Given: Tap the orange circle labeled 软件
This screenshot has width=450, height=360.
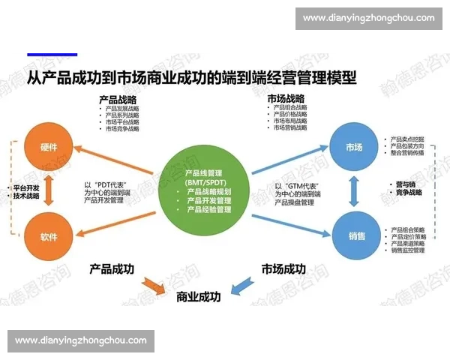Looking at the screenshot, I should pyautogui.click(x=49, y=236).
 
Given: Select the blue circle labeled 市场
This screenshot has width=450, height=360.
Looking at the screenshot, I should pyautogui.click(x=356, y=147).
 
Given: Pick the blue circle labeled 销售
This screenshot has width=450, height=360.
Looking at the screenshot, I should pyautogui.click(x=356, y=235).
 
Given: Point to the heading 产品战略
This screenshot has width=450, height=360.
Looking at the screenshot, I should pyautogui.click(x=118, y=99).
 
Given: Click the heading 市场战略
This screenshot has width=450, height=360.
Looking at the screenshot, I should pyautogui.click(x=286, y=99).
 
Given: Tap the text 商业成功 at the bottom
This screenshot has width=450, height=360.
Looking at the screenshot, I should pyautogui.click(x=199, y=297).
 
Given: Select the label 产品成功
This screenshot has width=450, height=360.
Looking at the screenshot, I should pyautogui.click(x=112, y=268).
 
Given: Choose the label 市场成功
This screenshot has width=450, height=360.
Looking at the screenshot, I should pyautogui.click(x=283, y=268).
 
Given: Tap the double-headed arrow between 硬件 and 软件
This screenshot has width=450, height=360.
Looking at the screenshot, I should pyautogui.click(x=49, y=191).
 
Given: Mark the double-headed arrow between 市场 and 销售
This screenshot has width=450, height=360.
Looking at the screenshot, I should pyautogui.click(x=356, y=191).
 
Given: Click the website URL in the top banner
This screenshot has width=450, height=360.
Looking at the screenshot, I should pyautogui.click(x=368, y=18).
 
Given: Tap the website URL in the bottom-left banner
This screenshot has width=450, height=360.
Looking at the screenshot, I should pyautogui.click(x=80, y=340).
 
